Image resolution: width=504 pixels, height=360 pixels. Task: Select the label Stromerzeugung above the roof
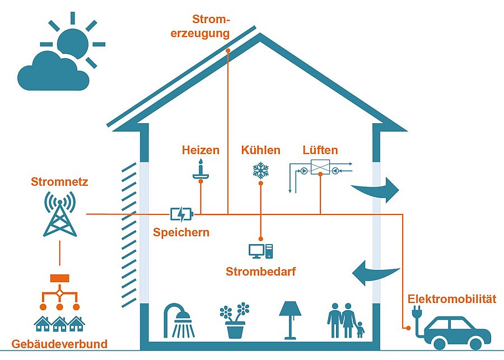pos(211,26)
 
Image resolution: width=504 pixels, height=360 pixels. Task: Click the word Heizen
pos(200,150)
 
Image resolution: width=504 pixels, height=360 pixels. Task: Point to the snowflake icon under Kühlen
pos(260,170)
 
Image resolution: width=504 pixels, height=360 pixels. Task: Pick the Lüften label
pos(320,150)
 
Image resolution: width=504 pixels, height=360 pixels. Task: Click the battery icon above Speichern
pos(181,214)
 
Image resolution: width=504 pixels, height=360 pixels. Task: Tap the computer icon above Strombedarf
pos(260,251)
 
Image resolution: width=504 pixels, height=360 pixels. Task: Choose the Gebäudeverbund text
pos(59,343)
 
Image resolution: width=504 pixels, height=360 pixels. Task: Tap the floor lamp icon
pos(290,320)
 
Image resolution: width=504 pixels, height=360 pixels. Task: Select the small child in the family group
pos(359,329)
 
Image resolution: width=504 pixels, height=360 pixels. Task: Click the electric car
pos(457,331)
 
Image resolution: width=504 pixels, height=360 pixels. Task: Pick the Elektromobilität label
pos(452,298)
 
